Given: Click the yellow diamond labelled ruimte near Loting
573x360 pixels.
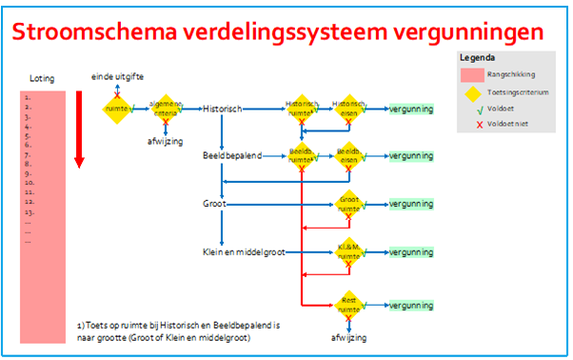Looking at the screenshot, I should [x=116, y=109].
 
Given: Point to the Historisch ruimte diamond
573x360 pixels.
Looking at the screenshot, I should [x=301, y=110].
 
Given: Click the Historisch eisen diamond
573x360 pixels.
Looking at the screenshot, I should [x=349, y=109].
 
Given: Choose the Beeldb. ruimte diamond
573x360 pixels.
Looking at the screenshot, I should [x=301, y=154].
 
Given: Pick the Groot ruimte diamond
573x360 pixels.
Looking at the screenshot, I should [x=349, y=204].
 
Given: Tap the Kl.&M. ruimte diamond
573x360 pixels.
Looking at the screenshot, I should [x=349, y=252].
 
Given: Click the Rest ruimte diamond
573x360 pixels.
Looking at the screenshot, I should [x=349, y=303].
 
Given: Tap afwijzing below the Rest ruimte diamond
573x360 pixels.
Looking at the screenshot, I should [x=349, y=337].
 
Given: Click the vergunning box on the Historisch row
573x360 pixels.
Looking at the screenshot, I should [x=411, y=110].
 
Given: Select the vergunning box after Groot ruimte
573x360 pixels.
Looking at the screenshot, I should [x=411, y=204].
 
